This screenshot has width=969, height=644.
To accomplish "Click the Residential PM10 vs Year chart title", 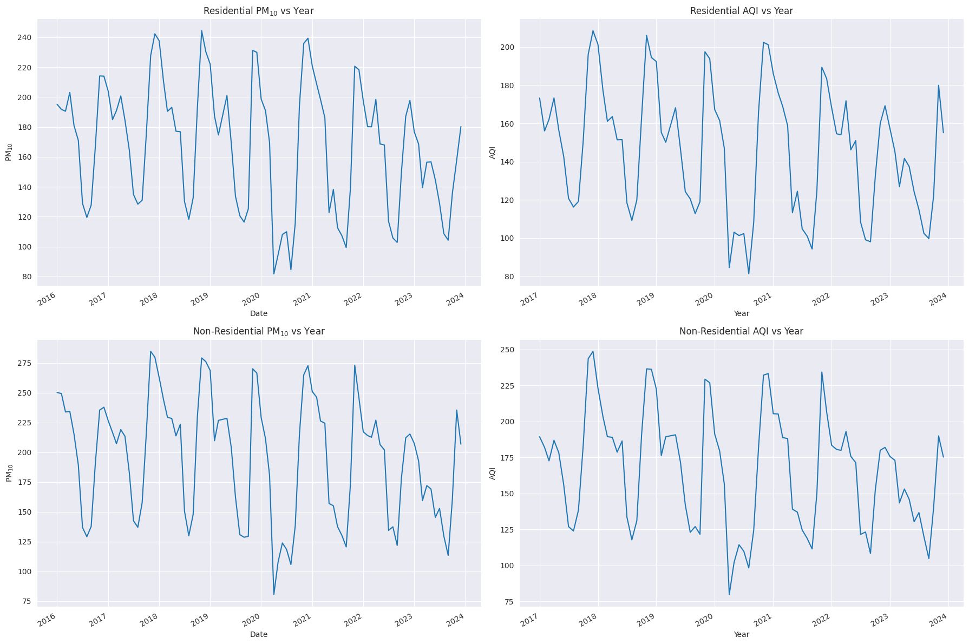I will tap(258, 11).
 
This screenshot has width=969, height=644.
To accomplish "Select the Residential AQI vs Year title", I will tap(741, 11).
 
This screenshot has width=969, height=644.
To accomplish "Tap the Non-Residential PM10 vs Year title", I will tap(258, 331).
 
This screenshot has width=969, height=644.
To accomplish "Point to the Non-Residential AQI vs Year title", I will tap(741, 331).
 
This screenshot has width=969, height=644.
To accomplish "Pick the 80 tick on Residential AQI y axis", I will tap(509, 277).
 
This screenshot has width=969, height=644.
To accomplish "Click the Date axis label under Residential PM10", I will tap(258, 313).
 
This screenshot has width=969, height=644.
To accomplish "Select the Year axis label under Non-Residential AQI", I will tap(741, 634).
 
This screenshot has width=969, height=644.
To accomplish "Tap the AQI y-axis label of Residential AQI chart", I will tap(492, 153).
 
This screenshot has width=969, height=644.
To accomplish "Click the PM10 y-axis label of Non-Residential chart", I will tap(9, 473).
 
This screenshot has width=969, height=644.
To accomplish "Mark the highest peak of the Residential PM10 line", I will tap(202, 31).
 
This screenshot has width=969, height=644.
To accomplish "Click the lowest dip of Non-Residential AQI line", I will tap(729, 595).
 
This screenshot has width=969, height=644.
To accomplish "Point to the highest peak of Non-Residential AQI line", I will tap(593, 352).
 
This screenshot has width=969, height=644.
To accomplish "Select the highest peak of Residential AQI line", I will tap(593, 31).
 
